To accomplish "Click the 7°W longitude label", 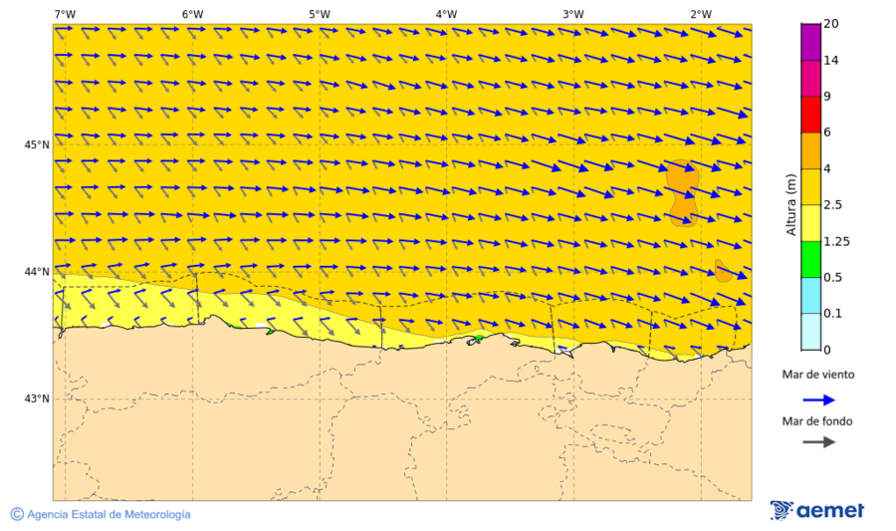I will coord(65,14).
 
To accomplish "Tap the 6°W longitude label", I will coord(192,14).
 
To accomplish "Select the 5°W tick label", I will coord(319,14).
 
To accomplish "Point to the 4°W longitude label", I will coord(446,14).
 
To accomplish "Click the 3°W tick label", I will coord(572,14).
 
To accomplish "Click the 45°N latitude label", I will coord(37,144).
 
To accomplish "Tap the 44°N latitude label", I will coord(37,272).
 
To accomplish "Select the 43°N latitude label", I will coord(37,399).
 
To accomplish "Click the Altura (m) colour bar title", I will coord(791,203).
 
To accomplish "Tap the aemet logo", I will coord(817,510).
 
